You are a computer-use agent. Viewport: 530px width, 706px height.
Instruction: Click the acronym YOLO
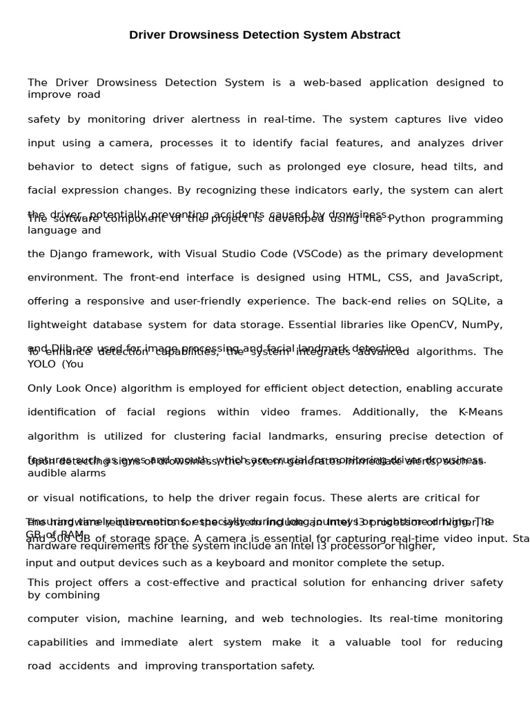tap(41, 364)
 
